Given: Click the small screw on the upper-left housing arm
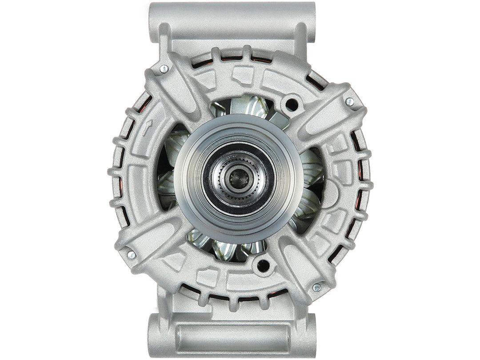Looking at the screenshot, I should (x=164, y=68).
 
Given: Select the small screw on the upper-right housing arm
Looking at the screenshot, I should (x=350, y=102).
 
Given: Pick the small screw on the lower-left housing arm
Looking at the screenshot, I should (x=131, y=255).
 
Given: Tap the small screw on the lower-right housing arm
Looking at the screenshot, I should (x=316, y=288).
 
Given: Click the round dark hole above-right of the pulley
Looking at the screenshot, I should (x=292, y=105).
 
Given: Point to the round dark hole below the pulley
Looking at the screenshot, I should (x=263, y=265).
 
